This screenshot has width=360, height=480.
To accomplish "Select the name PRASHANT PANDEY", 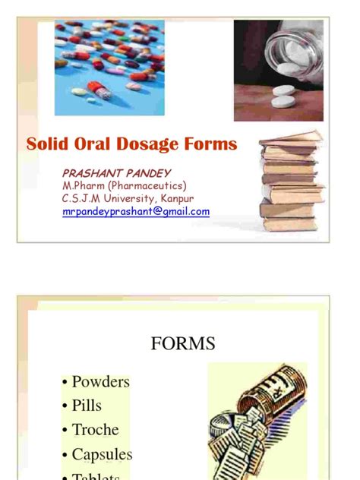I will tap(116, 174).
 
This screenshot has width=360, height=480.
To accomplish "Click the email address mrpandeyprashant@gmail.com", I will tap(136, 212).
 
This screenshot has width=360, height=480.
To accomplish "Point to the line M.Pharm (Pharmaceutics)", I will tap(124, 186).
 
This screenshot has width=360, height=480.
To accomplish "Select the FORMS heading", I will tap(182, 343).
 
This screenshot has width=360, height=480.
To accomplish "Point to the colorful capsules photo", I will tap(109, 67).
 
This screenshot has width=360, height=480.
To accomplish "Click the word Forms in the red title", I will tap(212, 144).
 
